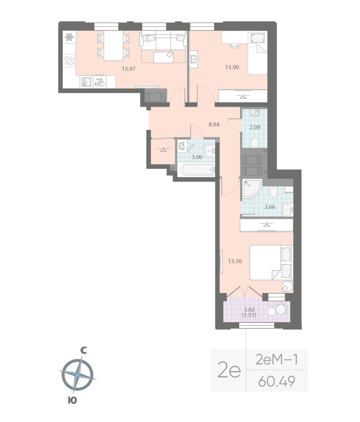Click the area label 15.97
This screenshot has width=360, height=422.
coord(129,68)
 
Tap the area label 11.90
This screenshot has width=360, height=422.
coord(232,67)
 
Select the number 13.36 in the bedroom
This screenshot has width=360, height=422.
coord(235,260)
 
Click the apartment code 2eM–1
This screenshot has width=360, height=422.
coord(276,359)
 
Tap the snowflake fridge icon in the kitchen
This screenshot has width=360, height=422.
coord(68,37)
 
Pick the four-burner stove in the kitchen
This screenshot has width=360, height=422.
coord(69,60)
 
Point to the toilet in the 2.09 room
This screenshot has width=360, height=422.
coord(254,142)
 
